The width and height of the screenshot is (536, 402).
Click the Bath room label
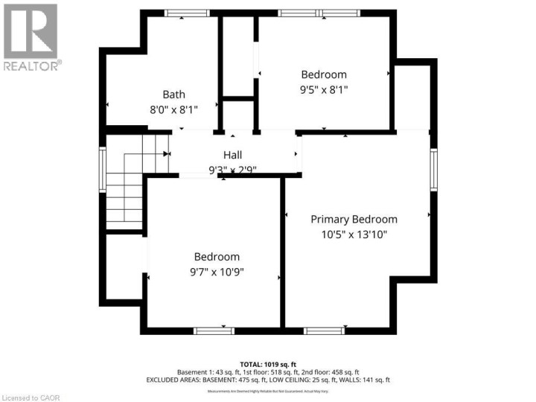coord(174,95)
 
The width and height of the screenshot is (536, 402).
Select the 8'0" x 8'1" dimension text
coord(174,109)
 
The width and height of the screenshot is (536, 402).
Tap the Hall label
coord(232,155)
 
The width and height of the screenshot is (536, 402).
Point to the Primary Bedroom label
coord(354,220)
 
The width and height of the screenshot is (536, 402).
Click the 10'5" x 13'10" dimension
coord(354,234)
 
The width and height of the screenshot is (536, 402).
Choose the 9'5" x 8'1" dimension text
coord(324,89)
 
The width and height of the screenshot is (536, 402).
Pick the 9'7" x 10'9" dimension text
coord(217,272)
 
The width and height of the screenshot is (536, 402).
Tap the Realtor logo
coord(31,37)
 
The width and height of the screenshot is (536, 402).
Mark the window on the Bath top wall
coord(187,13)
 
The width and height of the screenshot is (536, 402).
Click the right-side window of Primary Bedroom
coord(434,170)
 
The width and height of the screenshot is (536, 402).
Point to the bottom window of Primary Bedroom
coord(324,330)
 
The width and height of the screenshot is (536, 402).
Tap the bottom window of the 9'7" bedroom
coord(214,330)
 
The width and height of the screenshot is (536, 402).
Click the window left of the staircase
coord(103,170)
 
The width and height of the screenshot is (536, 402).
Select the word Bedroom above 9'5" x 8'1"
coord(324,74)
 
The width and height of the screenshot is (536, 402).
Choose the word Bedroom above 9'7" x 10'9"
coord(217,257)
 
